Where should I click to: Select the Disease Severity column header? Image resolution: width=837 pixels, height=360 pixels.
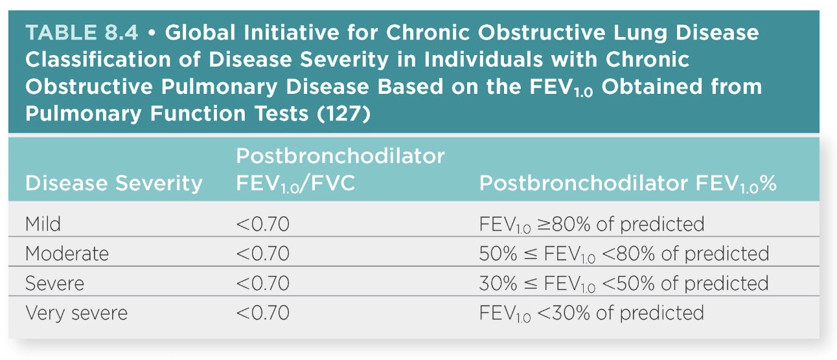click(113, 184)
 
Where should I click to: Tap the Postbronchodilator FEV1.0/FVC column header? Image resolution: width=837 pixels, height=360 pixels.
click(339, 170)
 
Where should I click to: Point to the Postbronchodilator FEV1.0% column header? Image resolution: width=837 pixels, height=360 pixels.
click(627, 184)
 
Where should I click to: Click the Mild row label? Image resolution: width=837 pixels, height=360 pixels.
click(43, 224)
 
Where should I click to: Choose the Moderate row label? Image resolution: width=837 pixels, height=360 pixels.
click(67, 253)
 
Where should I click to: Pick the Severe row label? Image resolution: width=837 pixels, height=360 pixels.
click(54, 284)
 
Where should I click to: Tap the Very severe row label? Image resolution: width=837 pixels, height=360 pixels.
click(76, 313)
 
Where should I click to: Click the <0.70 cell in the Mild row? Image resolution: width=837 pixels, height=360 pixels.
click(262, 224)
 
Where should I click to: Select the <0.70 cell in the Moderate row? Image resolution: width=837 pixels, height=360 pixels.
click(262, 253)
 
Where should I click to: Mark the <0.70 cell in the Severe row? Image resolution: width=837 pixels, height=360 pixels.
click(262, 284)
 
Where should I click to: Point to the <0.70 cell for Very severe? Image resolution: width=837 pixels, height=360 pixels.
click(262, 313)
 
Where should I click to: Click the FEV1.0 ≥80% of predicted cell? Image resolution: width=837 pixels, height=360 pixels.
click(591, 224)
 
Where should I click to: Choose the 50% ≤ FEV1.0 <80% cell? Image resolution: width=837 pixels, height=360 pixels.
click(623, 253)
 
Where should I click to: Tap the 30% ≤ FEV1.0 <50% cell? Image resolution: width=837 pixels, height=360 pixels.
click(623, 284)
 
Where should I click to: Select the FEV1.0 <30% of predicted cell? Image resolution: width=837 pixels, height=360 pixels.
click(591, 313)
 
